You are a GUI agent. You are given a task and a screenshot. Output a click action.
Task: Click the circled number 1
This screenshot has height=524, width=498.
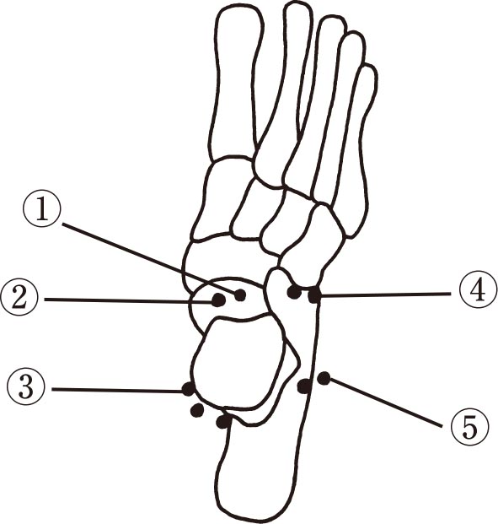(x=42, y=211)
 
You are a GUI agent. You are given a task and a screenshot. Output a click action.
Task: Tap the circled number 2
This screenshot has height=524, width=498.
(x=19, y=299)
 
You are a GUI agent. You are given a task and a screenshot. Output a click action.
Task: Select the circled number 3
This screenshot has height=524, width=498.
(x=26, y=388)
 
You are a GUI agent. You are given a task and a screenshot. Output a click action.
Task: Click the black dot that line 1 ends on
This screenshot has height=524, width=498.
(x=240, y=295)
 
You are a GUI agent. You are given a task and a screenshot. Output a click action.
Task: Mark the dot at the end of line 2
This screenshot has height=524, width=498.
(x=219, y=300)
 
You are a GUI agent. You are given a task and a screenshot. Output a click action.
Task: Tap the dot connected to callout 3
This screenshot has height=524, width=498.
(x=188, y=389)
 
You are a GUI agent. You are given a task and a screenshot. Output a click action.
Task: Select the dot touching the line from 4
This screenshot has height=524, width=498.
(x=314, y=296)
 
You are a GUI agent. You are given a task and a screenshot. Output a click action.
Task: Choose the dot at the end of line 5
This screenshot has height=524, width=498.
(x=324, y=378)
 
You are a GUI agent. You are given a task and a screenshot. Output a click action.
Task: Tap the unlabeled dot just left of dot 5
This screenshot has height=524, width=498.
(x=304, y=386)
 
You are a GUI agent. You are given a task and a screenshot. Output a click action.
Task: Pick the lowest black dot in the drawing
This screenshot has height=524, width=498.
(x=223, y=422)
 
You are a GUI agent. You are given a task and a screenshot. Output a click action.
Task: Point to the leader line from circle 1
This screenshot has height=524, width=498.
(x=151, y=259)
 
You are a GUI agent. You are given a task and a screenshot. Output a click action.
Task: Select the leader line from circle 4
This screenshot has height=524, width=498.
(x=384, y=294)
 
